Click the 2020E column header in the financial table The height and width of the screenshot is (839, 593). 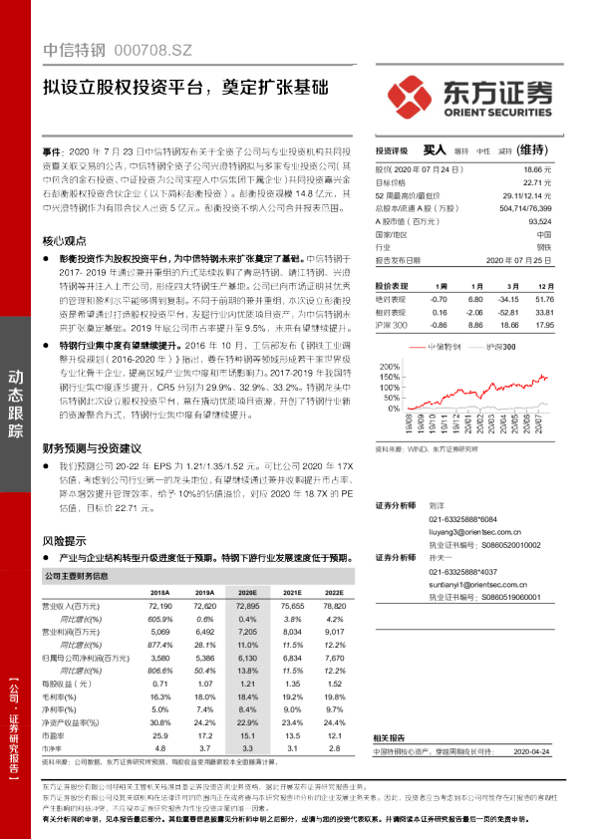coord(247,592)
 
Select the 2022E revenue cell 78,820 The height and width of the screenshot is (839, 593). coord(334,606)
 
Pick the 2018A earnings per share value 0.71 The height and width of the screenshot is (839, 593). coord(159,684)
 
